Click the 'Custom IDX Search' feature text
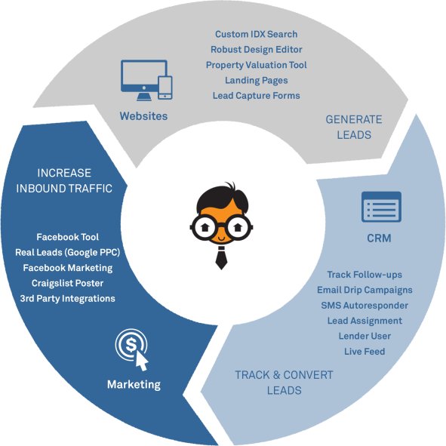coord(257,34)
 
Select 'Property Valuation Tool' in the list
coord(257,65)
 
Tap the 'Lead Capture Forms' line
coord(257,96)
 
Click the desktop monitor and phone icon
coord(146,80)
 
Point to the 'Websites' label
coord(143,116)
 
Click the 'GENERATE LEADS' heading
coord(354,127)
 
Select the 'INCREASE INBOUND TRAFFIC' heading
coord(64,180)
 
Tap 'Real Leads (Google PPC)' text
coord(68,253)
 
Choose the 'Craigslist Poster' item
coord(68,283)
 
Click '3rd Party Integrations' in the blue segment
coord(68,298)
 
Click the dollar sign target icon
coord(132,349)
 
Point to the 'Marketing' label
coord(134,385)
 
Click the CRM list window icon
coord(381,207)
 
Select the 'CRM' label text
coord(379,238)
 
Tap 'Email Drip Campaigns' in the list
coord(364,290)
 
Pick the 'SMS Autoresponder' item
coord(364,305)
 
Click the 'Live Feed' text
coord(364,351)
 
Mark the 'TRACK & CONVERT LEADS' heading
coord(284,383)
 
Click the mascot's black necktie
coord(221,258)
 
